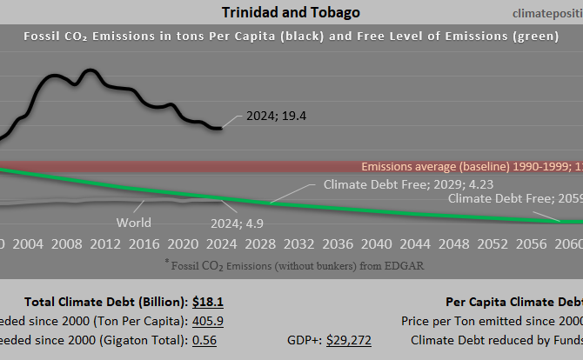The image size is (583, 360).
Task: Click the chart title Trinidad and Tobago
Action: (x=291, y=12)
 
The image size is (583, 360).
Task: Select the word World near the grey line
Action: (x=134, y=223)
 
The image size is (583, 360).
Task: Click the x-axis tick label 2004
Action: (x=29, y=243)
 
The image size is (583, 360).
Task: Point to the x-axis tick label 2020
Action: (x=182, y=243)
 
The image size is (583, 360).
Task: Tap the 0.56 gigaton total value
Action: (x=204, y=340)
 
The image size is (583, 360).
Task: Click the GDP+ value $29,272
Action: (x=348, y=340)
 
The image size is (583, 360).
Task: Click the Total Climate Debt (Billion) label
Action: (x=105, y=302)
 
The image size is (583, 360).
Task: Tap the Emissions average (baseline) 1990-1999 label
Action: (x=471, y=166)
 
